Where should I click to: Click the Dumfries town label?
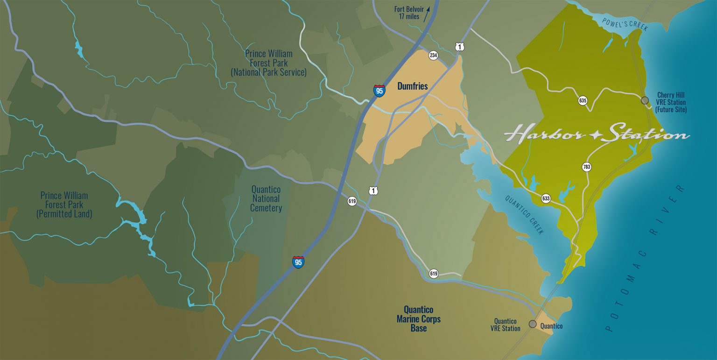click(412, 86)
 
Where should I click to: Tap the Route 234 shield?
click(433, 56)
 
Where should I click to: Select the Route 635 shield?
click(582, 100)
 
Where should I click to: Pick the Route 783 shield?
click(587, 167)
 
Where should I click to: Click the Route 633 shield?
click(546, 198)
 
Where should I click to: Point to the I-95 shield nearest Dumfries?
click(379, 91)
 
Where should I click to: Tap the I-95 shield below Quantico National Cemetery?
click(298, 261)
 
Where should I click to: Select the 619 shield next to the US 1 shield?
click(352, 201)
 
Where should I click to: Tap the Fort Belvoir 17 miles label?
click(406, 13)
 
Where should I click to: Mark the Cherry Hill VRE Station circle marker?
click(645, 100)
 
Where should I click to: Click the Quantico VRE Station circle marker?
click(532, 324)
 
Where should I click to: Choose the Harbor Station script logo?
click(597, 134)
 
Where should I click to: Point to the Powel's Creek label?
click(625, 24)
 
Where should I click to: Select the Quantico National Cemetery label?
click(266, 198)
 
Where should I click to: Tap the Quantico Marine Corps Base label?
click(418, 319)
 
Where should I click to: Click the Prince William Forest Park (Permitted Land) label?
click(64, 205)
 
